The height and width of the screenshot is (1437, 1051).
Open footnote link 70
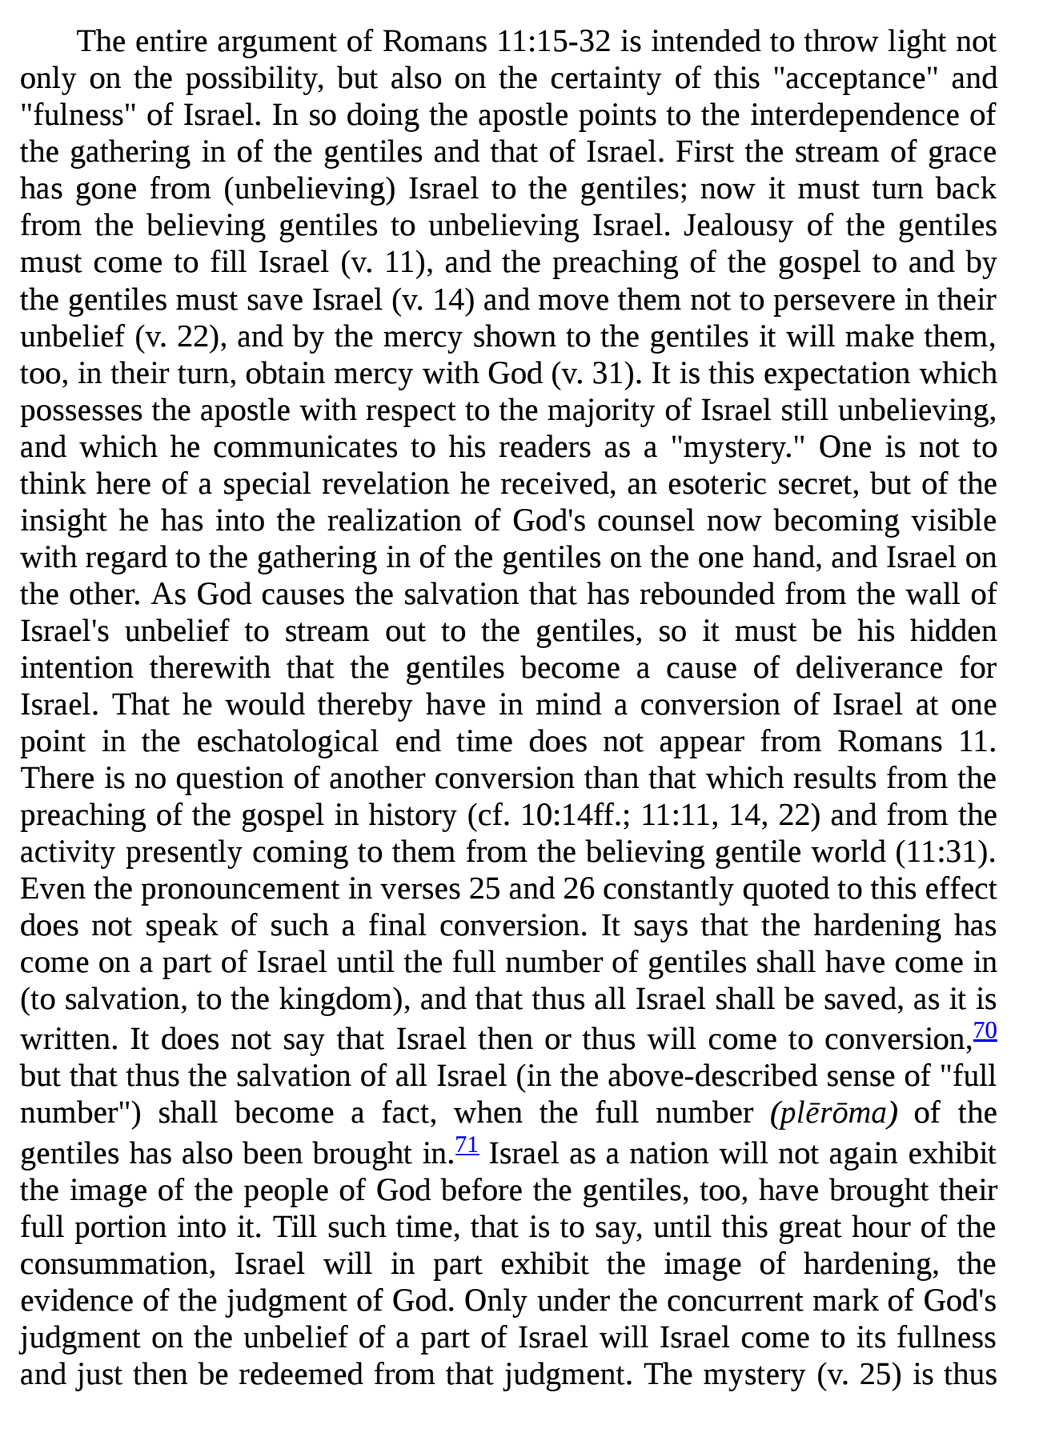(985, 1031)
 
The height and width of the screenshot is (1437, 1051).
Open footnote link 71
(467, 1146)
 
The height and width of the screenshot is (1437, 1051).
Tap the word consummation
(118, 1264)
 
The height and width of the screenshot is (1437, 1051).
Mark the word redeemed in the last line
(301, 1375)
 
